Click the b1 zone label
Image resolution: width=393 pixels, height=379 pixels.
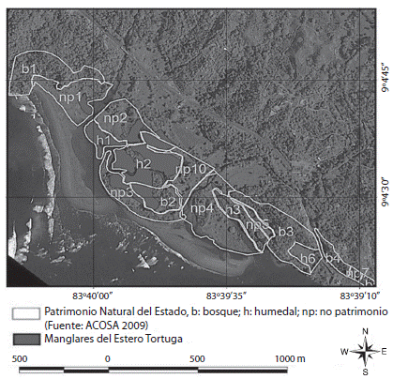point(29,69)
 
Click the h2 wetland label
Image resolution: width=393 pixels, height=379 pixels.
point(144,163)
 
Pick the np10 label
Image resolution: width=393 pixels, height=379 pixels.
point(190,169)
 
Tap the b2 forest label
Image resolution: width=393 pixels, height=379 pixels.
point(168,201)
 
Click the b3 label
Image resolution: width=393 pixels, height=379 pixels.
point(286,230)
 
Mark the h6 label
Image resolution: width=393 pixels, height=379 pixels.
point(306,258)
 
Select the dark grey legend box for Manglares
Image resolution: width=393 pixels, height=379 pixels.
point(22,337)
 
